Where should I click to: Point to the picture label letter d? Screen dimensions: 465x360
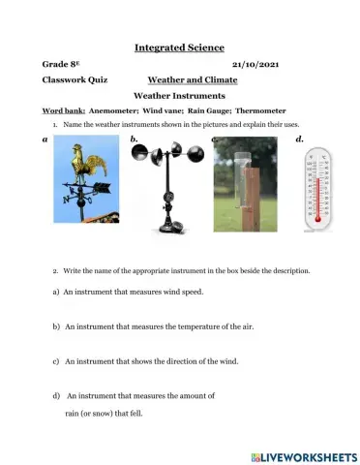300,139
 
